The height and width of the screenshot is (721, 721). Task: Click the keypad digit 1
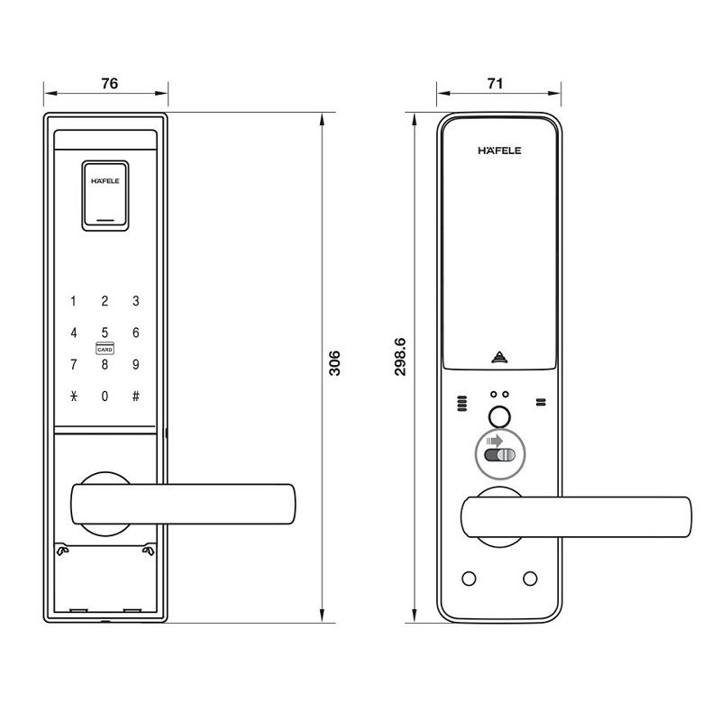(x=74, y=302)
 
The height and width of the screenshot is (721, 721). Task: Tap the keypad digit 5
(x=105, y=333)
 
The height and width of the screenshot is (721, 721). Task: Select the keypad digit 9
(x=135, y=364)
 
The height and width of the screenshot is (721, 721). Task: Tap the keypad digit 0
(x=105, y=396)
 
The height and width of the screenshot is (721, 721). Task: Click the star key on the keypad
(x=74, y=396)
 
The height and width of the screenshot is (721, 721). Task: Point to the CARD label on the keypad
(x=105, y=348)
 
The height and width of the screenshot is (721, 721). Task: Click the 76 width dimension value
(x=109, y=84)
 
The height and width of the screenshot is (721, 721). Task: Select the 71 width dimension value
(x=494, y=84)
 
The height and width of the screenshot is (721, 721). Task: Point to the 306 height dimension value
(x=334, y=364)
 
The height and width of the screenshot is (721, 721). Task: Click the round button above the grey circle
(x=497, y=417)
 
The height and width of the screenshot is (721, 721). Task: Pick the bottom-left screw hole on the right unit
(x=468, y=578)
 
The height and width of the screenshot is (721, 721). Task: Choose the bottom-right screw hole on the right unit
(x=529, y=578)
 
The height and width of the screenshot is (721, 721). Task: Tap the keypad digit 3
(x=135, y=302)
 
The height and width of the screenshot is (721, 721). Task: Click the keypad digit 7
(x=74, y=364)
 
